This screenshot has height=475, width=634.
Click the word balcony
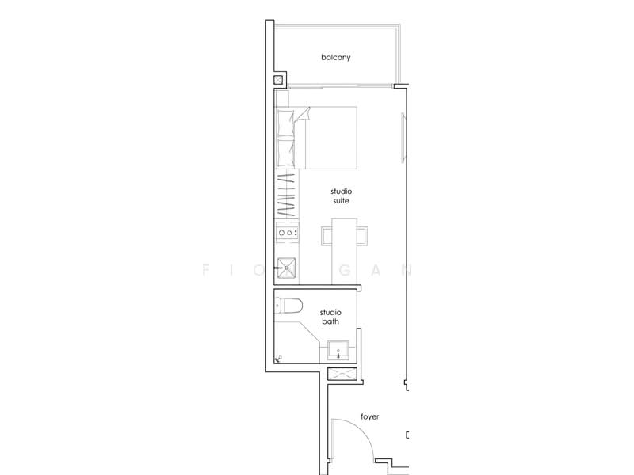click(x=335, y=58)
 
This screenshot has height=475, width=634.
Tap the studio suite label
click(x=342, y=196)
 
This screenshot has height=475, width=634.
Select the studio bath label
click(x=330, y=317)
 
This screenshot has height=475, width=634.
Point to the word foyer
click(x=369, y=415)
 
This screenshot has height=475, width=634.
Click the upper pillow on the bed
click(x=286, y=123)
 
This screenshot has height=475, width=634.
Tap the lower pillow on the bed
click(x=286, y=150)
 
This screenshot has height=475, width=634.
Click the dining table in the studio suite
click(x=342, y=253)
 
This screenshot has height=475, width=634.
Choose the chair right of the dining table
click(x=362, y=236)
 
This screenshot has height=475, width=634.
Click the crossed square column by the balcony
click(x=279, y=80)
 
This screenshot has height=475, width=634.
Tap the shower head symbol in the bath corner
click(x=278, y=359)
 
